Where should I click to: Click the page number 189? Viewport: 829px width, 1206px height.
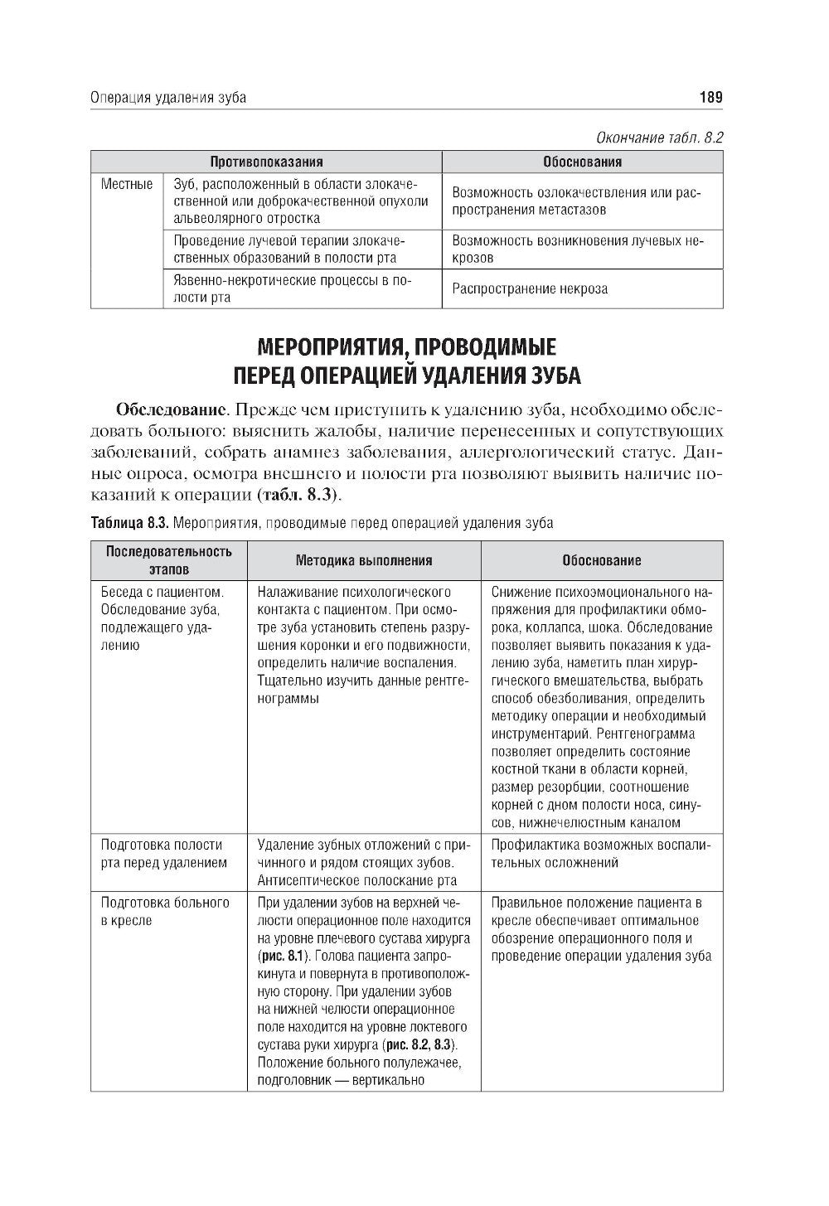711,98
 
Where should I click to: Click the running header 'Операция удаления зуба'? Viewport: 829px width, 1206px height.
167,98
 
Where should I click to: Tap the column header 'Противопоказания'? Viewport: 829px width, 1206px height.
266,162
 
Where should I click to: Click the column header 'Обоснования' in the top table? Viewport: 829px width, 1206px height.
582,162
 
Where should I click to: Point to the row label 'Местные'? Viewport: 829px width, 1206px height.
127,184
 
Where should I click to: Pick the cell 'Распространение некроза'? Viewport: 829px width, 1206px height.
530,289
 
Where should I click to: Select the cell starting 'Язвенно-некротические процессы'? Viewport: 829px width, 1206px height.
292,288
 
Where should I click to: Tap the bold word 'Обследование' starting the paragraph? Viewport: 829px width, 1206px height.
172,410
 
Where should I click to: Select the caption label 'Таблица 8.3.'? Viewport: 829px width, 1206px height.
129,523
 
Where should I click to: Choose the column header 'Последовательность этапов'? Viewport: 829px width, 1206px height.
168,559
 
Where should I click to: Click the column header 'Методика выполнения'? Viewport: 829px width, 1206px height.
364,560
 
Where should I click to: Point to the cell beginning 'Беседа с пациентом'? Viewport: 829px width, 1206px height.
162,618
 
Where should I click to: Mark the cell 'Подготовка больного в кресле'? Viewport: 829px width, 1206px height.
164,911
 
